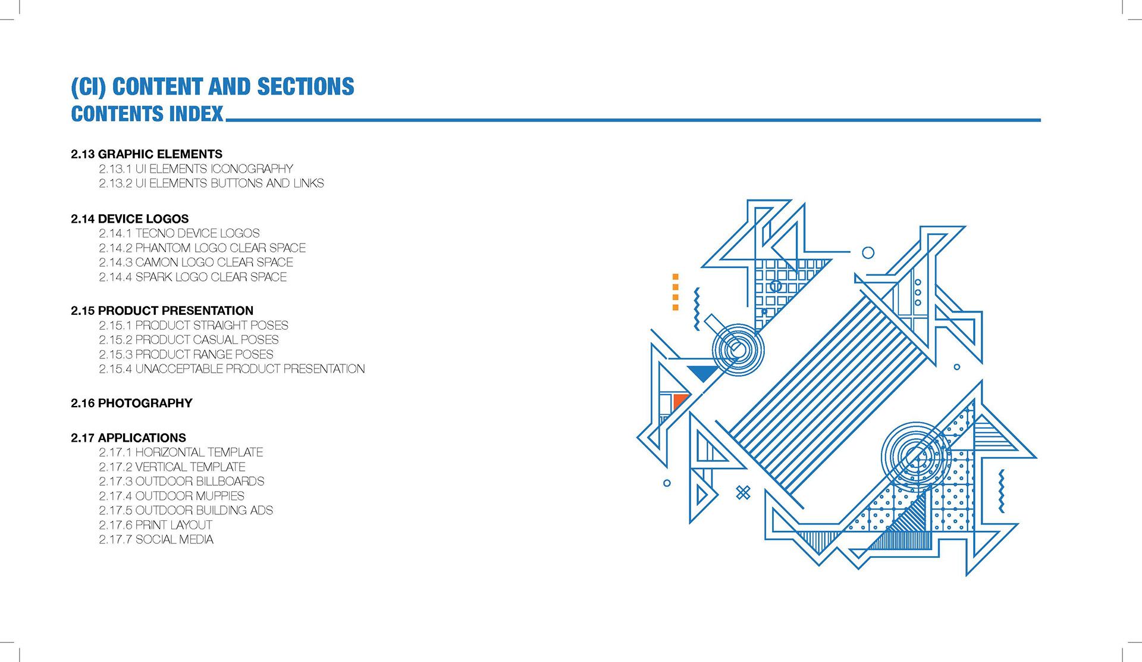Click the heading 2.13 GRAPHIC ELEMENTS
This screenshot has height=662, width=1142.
click(146, 154)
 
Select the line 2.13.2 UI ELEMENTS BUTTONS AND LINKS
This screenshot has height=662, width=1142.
click(211, 183)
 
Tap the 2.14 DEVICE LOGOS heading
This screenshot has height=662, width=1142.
click(130, 219)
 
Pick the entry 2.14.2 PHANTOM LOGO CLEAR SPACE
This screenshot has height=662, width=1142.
click(202, 248)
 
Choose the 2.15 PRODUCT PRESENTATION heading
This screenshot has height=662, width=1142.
click(162, 311)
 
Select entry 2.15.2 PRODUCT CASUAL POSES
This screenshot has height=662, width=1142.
click(189, 340)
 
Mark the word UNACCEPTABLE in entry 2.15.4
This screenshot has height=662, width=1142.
click(179, 369)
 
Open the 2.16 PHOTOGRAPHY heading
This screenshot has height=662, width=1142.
click(131, 403)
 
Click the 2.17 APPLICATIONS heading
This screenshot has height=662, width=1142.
click(128, 438)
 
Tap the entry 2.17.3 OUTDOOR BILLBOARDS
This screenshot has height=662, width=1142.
click(181, 481)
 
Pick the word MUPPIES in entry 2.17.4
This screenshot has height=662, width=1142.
click(219, 496)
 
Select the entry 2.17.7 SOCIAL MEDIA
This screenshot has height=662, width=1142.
click(156, 539)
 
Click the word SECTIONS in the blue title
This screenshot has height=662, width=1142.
click(305, 87)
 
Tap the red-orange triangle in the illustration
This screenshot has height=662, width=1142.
click(679, 401)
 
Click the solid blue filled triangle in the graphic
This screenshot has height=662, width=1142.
click(704, 373)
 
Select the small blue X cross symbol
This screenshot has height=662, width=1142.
click(743, 492)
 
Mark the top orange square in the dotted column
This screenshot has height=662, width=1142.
click(675, 277)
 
